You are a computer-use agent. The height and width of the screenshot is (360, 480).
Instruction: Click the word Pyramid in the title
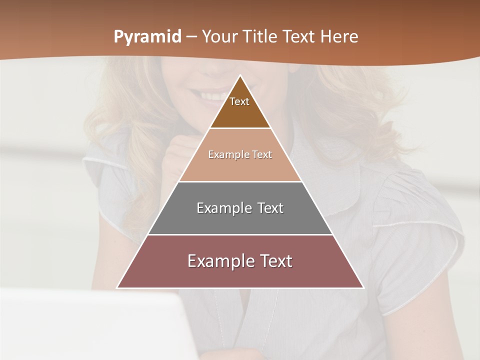pos(147,37)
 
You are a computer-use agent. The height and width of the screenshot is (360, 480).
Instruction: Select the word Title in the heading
pos(261,36)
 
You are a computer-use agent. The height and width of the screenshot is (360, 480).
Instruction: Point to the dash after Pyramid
pos(190,37)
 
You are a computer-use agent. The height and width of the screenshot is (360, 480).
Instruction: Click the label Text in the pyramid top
pos(239,101)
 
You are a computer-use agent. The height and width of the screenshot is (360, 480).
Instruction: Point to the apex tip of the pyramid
pos(240,76)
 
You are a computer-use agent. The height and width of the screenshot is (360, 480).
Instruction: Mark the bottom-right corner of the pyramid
pos(363,287)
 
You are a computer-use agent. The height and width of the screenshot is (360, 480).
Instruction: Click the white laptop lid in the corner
pos(90,325)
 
